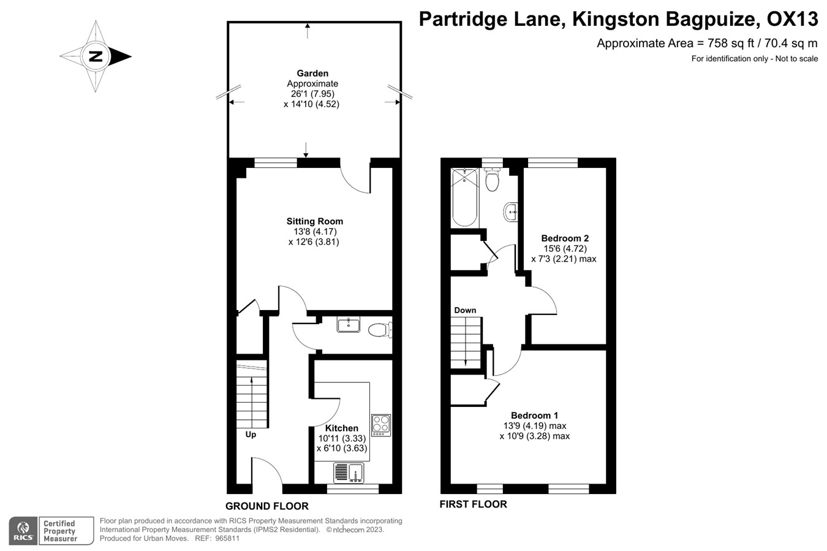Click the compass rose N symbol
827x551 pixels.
click(96, 56)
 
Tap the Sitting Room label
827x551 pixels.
click(314, 221)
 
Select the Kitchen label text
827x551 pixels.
click(341, 428)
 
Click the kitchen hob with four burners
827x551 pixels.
click(380, 425)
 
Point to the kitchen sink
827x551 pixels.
click(349, 473)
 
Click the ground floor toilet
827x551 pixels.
click(380, 330)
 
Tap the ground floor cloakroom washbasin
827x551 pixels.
click(349, 325)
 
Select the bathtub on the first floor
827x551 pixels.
click(465, 197)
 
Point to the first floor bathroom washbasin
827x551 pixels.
click(511, 212)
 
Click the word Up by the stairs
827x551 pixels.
click(251, 435)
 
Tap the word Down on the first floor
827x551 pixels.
click(465, 310)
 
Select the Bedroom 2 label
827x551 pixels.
click(565, 238)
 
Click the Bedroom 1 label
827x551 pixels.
click(534, 416)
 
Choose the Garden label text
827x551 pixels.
click(312, 74)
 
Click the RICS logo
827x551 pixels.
click(24, 531)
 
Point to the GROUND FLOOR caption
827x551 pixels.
click(266, 506)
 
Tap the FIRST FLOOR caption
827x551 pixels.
click(473, 504)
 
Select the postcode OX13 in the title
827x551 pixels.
click(792, 20)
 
